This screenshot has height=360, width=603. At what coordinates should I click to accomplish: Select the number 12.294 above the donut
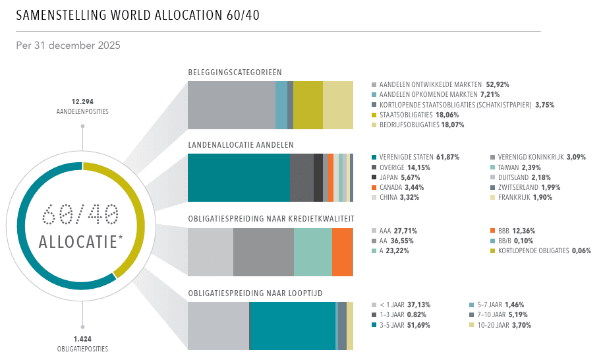[82, 102]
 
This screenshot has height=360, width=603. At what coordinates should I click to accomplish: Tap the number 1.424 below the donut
[82, 339]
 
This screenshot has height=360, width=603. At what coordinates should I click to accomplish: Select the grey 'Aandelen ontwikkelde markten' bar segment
[231, 105]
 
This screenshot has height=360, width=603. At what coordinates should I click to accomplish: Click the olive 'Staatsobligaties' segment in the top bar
[308, 105]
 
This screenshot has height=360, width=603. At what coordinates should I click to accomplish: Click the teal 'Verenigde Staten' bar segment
[239, 177]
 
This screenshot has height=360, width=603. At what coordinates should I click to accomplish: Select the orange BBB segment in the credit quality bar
[342, 252]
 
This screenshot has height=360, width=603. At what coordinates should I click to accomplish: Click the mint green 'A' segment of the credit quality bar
[312, 252]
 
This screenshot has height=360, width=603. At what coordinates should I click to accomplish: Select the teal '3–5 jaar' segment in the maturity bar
[292, 326]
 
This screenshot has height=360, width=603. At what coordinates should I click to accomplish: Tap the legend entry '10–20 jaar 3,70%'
[499, 325]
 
